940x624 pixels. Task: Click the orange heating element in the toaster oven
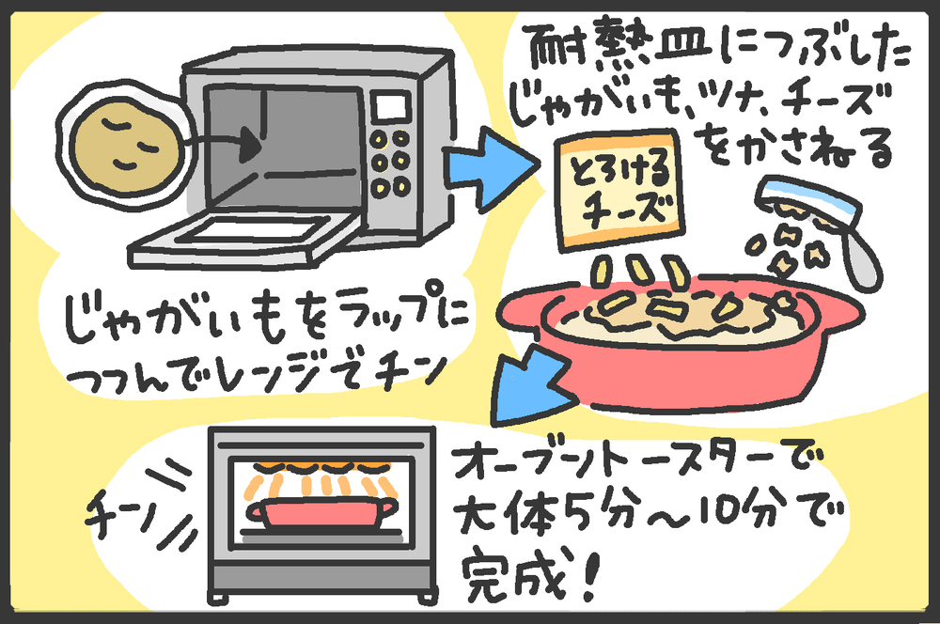321,466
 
